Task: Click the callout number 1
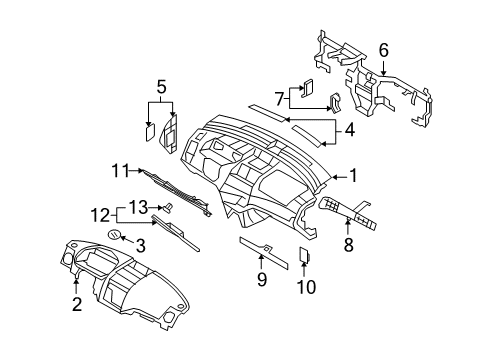[x=353, y=176]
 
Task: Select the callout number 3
[x=142, y=245]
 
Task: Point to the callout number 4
[x=350, y=128]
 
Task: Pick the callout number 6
[x=383, y=48]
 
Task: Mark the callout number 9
[x=262, y=280]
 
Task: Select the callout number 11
[x=120, y=171]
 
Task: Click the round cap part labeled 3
[x=115, y=235]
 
